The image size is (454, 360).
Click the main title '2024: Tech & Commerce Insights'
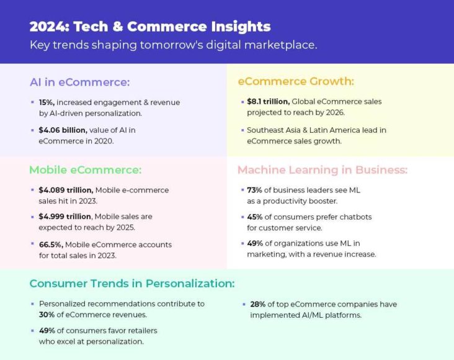[150, 27]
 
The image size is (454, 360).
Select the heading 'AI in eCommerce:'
[80, 83]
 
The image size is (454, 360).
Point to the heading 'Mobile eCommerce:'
[86, 169]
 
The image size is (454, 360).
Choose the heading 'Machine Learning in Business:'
[323, 169]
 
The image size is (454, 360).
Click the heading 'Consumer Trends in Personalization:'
[132, 284]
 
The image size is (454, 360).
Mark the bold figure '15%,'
[47, 102]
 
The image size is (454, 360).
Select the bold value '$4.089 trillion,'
[66, 190]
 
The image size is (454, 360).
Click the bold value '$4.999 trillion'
[65, 217]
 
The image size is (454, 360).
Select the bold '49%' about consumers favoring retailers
[49, 331]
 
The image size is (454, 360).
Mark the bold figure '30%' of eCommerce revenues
[49, 314]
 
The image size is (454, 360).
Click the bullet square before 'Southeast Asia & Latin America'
[241, 130]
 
